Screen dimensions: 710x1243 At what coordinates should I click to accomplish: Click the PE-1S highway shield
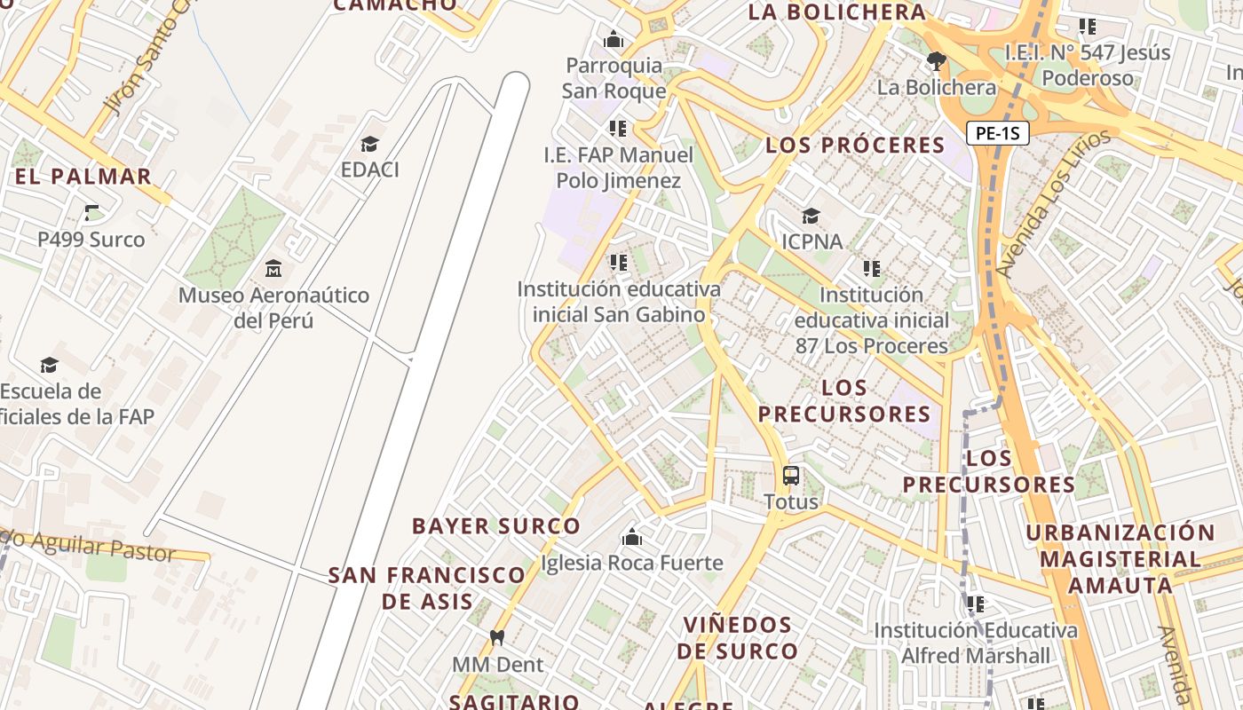(x=997, y=134)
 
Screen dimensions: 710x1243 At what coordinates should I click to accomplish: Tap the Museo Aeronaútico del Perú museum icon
(x=273, y=268)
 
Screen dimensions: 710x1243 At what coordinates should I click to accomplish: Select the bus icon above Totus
(x=791, y=476)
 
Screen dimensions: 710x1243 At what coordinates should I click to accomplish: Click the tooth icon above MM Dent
(x=497, y=637)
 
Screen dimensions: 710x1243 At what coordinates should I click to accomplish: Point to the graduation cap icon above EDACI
(x=369, y=144)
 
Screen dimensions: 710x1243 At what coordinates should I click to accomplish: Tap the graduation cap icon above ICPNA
(x=811, y=216)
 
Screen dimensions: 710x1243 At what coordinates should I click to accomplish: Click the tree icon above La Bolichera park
(x=936, y=61)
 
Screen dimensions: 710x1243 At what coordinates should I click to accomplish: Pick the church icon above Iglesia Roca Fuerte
(x=632, y=537)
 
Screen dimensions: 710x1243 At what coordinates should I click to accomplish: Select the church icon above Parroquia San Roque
(x=614, y=39)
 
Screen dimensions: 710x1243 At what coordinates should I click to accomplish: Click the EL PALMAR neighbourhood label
(x=83, y=176)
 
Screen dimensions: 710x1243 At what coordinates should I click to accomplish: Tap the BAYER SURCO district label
(x=496, y=526)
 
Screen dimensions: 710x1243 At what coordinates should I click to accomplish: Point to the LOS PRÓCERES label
(x=855, y=146)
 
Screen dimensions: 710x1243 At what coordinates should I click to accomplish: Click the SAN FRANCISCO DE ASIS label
(x=427, y=588)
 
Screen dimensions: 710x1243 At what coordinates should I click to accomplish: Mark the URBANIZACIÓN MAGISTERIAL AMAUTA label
(x=1120, y=559)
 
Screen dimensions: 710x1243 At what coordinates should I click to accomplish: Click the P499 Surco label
(x=91, y=239)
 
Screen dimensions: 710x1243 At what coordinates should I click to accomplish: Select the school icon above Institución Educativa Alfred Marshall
(x=976, y=604)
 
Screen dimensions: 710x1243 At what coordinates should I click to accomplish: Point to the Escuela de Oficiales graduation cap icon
(x=50, y=365)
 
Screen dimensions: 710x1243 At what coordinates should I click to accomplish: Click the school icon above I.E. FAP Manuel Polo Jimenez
(x=619, y=129)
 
